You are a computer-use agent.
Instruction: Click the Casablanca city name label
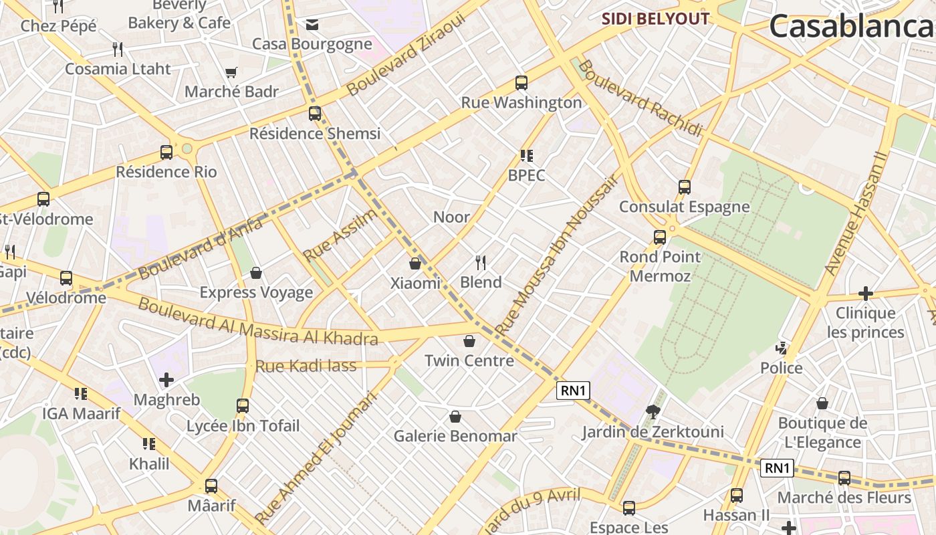[852, 27]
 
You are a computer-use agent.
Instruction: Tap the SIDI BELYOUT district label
[655, 19]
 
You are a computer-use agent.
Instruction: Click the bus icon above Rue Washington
[521, 83]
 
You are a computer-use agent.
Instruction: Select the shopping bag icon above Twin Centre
[469, 341]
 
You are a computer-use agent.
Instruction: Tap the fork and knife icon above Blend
[480, 261]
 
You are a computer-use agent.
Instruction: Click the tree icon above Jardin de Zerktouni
[653, 411]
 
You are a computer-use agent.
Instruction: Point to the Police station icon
[781, 348]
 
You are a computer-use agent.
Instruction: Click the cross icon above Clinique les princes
[866, 294]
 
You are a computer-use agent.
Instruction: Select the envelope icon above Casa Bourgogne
[312, 25]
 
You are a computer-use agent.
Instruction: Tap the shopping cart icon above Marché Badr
[231, 72]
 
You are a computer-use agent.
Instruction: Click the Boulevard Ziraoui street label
[406, 55]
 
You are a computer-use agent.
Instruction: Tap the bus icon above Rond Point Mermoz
[660, 237]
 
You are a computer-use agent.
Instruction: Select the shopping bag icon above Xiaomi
[415, 263]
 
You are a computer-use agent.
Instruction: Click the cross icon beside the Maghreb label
[166, 380]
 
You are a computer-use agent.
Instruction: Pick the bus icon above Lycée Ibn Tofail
[243, 405]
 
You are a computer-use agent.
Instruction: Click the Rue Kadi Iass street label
[306, 366]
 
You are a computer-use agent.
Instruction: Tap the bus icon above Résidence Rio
[166, 152]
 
